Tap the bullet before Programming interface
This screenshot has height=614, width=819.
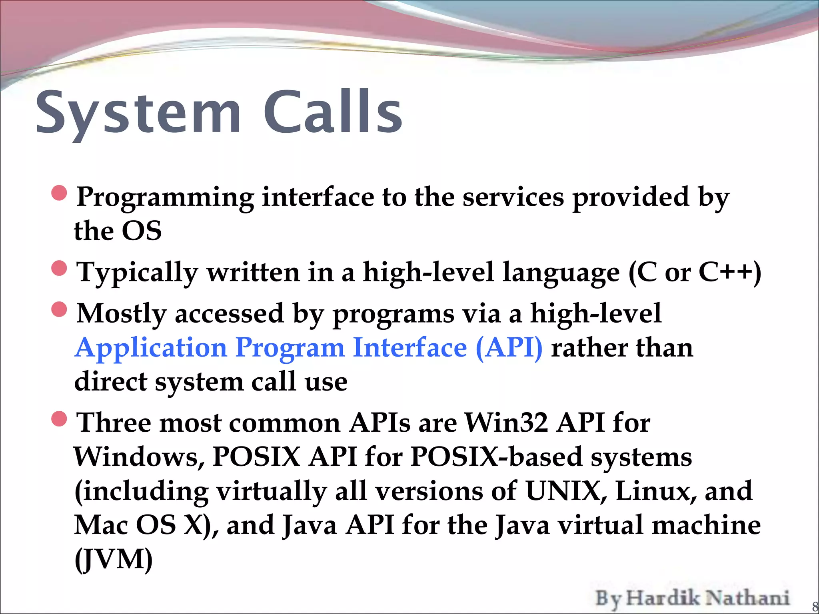tap(59, 193)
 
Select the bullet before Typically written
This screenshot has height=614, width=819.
tap(59, 268)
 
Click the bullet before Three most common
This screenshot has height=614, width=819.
tap(59, 419)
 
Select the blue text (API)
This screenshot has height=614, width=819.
tap(509, 348)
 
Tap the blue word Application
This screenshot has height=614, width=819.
tap(151, 348)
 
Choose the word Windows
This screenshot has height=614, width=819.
tap(139, 457)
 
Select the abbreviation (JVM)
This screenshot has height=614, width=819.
tap(114, 560)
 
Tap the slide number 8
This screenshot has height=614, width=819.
tap(815, 607)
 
